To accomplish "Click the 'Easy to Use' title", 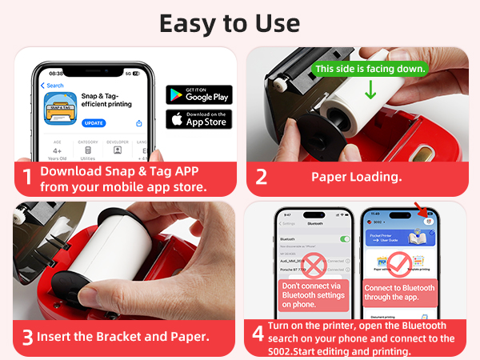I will click(x=240, y=22).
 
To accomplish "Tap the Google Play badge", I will click(x=198, y=94).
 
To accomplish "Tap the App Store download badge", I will click(x=198, y=119).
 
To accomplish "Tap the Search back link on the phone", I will click(x=54, y=86).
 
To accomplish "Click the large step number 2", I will click(x=262, y=177).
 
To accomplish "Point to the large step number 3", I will click(x=26, y=337).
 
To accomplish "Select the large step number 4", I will click(x=258, y=332).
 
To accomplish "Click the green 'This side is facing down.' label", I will click(x=370, y=69).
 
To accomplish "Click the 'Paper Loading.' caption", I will click(x=357, y=177).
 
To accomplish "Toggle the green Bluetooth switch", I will click(x=345, y=239).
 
